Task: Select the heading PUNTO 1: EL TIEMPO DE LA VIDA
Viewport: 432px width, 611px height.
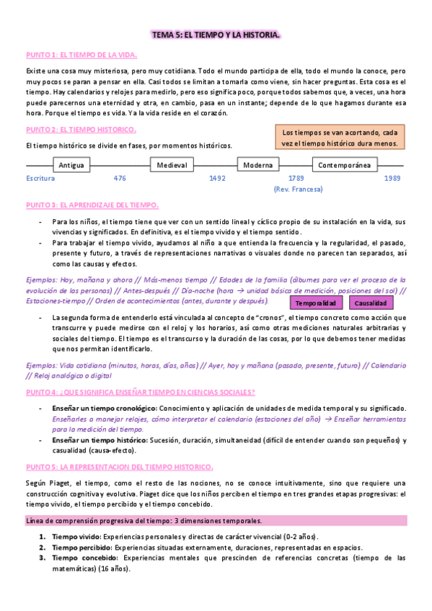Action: [x=81, y=55]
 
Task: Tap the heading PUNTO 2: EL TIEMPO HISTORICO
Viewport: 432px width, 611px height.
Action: [x=81, y=130]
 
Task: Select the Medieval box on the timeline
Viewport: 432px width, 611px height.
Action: [x=172, y=165]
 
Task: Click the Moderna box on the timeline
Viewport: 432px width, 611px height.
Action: [x=257, y=165]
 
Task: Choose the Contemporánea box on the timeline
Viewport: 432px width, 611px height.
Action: [x=345, y=165]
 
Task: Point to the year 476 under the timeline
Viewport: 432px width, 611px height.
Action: [x=120, y=178]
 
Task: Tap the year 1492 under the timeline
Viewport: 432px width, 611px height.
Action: [x=217, y=178]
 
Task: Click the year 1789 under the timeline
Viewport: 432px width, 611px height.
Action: [x=296, y=178]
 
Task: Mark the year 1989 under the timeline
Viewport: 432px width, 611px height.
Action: [x=392, y=178]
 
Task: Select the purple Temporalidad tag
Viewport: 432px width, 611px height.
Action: [x=317, y=303]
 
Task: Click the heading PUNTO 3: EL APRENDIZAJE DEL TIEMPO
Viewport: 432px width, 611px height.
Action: [x=92, y=205]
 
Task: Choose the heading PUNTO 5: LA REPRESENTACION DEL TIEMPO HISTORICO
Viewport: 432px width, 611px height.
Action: [x=119, y=447]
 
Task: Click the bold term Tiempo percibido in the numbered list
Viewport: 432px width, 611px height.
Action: [x=76, y=548]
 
